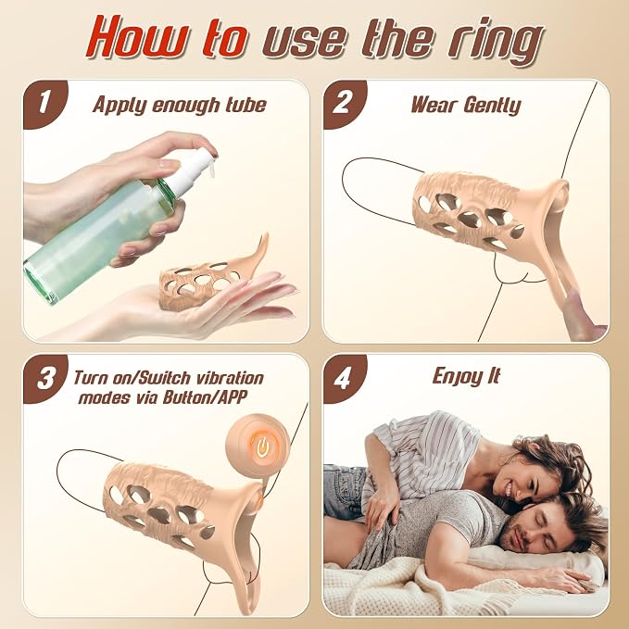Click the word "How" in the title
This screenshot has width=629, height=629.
(138, 38)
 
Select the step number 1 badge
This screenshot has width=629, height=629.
(44, 103)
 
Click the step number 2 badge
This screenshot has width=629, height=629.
(345, 103)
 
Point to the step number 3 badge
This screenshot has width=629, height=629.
(44, 378)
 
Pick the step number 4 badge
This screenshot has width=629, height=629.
(345, 378)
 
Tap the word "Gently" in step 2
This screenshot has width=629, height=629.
(492, 106)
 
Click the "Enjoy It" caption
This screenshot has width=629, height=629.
(467, 376)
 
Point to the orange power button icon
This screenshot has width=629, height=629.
(262, 447)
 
